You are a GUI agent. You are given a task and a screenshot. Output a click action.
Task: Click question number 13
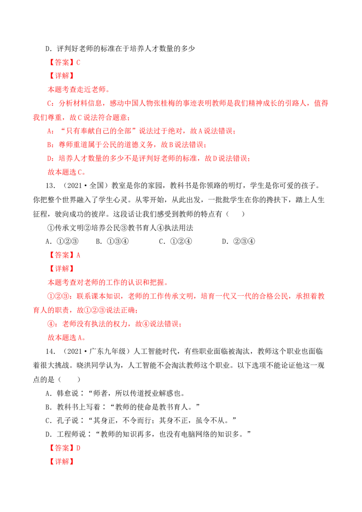coord(50,186)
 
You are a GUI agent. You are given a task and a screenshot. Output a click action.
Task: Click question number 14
coord(50,351)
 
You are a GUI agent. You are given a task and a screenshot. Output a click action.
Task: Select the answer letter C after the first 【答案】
coord(78,62)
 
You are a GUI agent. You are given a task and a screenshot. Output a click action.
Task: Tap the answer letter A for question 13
coord(78,255)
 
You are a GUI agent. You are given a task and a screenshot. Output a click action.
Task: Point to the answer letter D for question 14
coord(78,448)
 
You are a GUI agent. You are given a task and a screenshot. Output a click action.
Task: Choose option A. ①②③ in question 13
coord(62,242)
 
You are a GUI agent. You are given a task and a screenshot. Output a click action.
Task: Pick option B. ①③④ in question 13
coord(112,242)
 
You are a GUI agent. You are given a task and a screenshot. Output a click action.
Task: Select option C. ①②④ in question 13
coord(176,242)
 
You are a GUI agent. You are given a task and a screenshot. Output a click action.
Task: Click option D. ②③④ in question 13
coord(238,242)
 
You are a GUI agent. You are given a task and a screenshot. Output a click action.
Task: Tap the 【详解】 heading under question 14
coord(62,462)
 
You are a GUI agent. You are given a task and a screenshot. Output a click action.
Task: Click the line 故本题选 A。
coord(67,337)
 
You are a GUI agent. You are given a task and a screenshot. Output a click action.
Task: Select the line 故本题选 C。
coord(67,172)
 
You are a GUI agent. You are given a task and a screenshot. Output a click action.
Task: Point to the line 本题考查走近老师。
coord(79,90)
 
